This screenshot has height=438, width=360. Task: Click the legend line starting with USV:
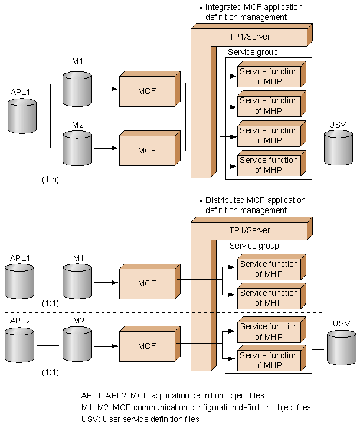coord(140,419)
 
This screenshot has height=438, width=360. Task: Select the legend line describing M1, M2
coord(195,407)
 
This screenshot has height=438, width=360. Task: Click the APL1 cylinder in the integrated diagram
coord(22,116)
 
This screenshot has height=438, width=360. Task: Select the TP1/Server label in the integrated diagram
coord(250,37)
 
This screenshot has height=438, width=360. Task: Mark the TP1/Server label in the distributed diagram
coord(250,230)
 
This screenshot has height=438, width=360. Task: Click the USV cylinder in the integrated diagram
coord(338,148)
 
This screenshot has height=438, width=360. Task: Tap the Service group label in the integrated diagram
coord(253,53)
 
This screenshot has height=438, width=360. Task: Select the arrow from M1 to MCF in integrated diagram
coord(106,90)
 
